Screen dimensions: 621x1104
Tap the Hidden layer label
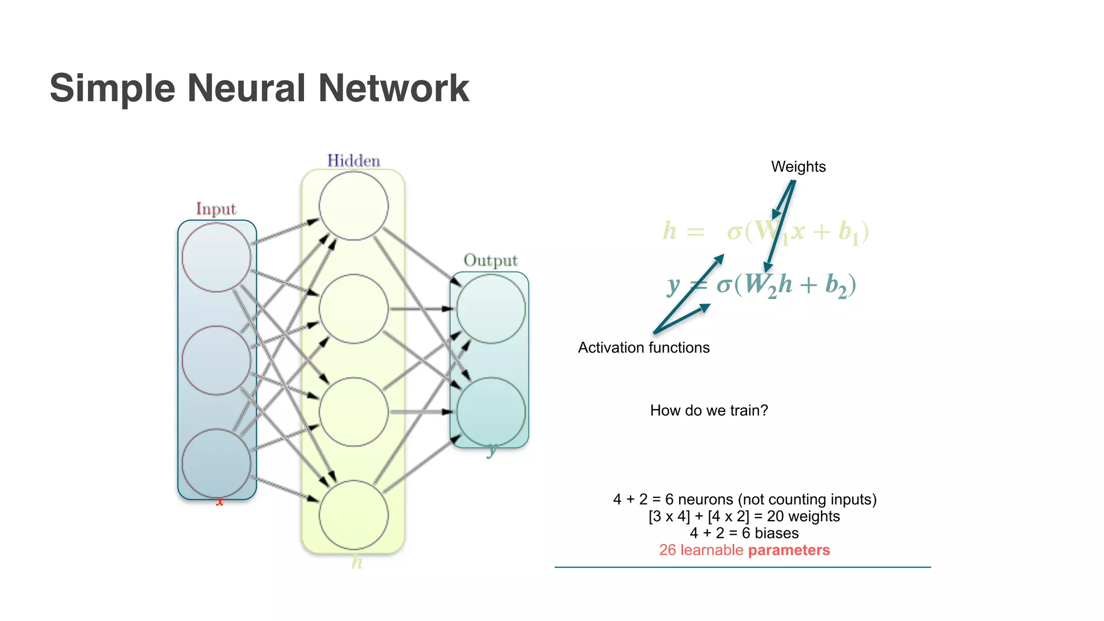click(x=354, y=161)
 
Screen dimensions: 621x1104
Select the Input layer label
click(x=216, y=209)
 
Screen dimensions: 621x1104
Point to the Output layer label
click(x=491, y=260)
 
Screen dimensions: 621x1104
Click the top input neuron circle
click(x=216, y=258)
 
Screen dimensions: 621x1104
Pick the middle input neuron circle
click(x=216, y=360)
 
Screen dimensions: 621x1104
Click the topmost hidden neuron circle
click(x=354, y=206)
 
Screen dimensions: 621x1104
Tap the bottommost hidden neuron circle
click(x=354, y=515)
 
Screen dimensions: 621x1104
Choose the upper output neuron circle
click(x=491, y=309)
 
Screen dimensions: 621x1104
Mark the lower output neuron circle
click(x=491, y=412)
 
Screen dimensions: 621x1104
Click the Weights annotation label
click(x=798, y=167)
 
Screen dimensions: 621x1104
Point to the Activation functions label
click(x=644, y=348)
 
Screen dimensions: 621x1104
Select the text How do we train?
click(x=709, y=411)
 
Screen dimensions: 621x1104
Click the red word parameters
click(x=789, y=550)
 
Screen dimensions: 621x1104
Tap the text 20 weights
click(x=803, y=516)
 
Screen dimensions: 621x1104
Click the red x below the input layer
click(x=219, y=502)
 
